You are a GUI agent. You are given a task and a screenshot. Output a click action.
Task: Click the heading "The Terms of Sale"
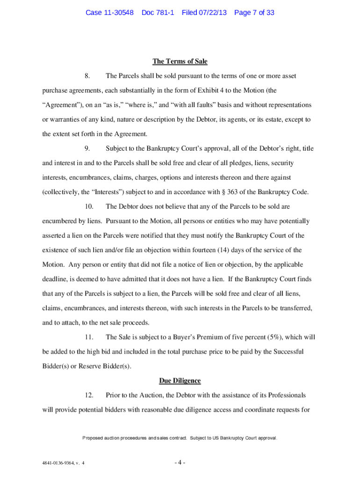pos(180,61)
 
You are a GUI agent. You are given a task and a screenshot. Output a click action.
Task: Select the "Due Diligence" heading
pos(180,381)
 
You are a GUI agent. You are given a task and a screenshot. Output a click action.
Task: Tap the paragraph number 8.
pos(87,76)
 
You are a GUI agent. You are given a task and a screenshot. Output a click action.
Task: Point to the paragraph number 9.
pos(87,148)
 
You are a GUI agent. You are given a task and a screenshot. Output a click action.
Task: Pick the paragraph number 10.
pos(89,206)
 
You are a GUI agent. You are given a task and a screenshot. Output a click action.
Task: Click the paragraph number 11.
pos(89,337)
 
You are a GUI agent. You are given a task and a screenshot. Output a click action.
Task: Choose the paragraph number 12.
pos(89,395)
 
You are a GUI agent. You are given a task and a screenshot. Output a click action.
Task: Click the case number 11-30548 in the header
pos(109,13)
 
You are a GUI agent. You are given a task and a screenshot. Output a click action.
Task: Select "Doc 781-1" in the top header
pos(158,13)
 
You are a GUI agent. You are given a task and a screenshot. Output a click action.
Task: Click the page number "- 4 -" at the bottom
pos(180,463)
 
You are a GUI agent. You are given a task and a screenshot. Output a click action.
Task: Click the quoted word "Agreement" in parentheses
pos(61,105)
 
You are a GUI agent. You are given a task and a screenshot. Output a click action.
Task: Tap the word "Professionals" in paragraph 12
pos(286,395)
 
